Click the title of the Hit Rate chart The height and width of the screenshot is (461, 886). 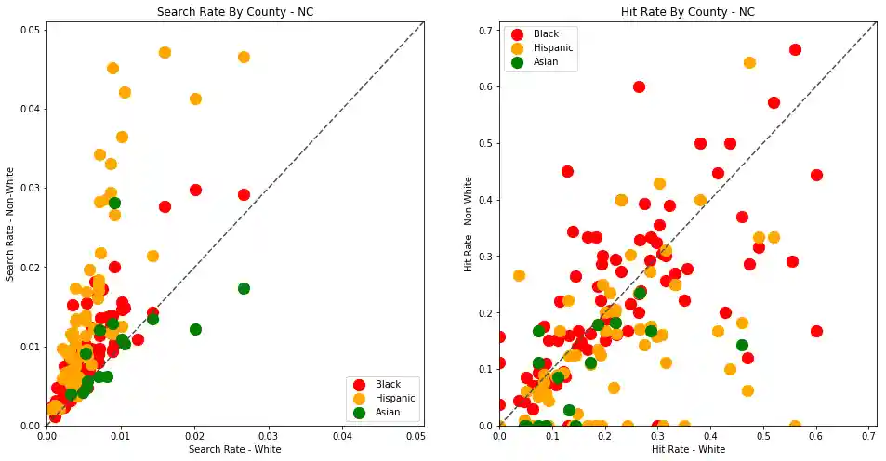coord(687,12)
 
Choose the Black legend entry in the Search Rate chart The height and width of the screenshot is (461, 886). coord(388,384)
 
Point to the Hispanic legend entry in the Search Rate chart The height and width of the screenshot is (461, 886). coord(394,398)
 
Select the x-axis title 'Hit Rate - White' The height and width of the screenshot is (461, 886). coord(687,450)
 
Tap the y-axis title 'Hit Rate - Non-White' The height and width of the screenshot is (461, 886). coord(469,224)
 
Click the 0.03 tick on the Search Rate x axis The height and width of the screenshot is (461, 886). coord(269,435)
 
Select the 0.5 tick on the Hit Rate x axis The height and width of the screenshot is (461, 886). coord(764,435)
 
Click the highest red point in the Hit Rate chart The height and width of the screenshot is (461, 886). coord(795,49)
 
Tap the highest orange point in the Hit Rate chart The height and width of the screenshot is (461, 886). coord(749,62)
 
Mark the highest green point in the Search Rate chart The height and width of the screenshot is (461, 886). coord(114,203)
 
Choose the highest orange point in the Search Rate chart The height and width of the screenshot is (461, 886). coord(165,53)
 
